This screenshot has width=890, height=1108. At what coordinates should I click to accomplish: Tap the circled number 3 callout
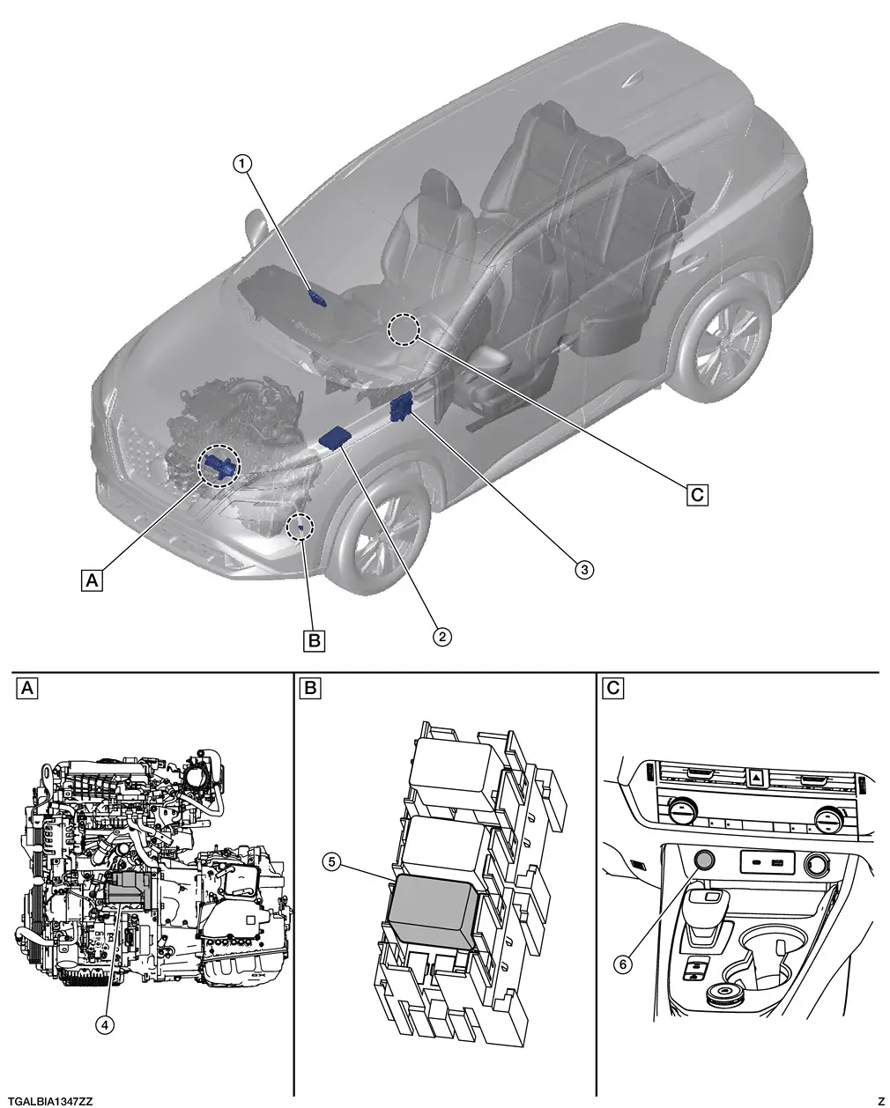coord(582,569)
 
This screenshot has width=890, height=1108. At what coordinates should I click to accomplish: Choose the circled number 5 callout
coord(332,862)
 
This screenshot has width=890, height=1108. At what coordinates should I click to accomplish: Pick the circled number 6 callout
coord(623,964)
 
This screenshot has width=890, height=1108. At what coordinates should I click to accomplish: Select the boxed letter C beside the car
coord(697,495)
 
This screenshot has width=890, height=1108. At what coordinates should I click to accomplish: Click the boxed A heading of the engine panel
coord(28,688)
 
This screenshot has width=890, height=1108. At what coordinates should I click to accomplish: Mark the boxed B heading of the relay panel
coord(309,688)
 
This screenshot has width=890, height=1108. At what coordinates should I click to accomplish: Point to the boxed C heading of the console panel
coord(613,688)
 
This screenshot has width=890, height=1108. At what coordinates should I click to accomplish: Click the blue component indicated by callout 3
coord(403,407)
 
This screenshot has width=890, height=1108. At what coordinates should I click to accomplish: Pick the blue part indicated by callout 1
coord(317,297)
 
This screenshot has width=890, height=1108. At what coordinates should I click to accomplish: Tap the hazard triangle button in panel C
coord(757,778)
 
